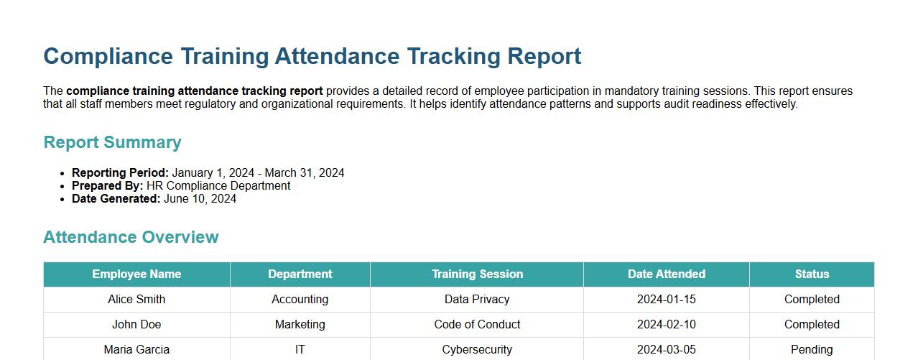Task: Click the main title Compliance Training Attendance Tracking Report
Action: [312, 56]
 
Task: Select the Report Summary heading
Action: [112, 142]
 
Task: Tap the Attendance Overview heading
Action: [131, 237]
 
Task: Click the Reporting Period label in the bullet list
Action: [120, 173]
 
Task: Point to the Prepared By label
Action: [107, 186]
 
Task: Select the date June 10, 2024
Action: [200, 199]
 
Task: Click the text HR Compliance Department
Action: [218, 186]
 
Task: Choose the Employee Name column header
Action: [136, 274]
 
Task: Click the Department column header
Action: [300, 274]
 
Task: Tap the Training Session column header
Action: [477, 274]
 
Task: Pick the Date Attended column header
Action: [666, 274]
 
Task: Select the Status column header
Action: [812, 274]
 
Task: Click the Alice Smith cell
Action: [136, 300]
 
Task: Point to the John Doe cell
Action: [136, 325]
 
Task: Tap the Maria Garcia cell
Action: [136, 350]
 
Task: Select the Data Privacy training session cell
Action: [477, 300]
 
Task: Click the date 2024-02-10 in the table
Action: [666, 325]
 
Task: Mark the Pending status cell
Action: [812, 350]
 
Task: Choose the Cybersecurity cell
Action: [477, 350]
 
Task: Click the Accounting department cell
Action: [300, 300]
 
